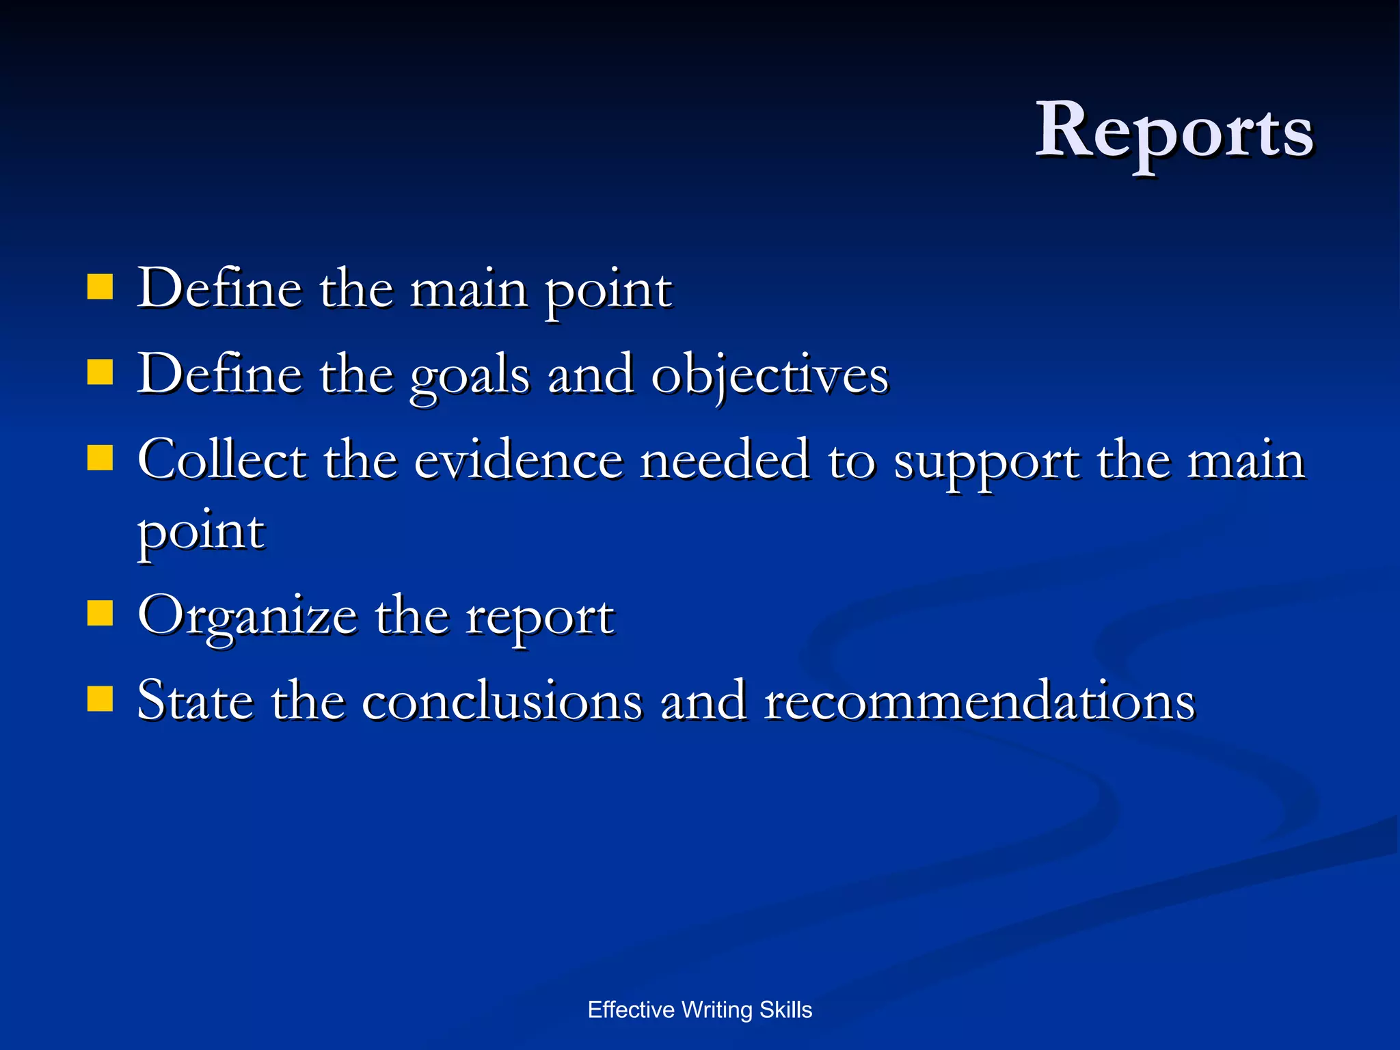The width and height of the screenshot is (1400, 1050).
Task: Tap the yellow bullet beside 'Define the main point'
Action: tap(100, 288)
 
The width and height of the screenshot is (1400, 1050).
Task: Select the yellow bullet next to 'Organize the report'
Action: tap(100, 613)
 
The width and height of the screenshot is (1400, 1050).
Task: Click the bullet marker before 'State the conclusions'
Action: tap(100, 699)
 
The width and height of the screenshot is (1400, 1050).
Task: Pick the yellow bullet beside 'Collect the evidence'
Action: tap(100, 458)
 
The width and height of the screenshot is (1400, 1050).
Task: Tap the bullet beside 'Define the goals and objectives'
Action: tap(100, 373)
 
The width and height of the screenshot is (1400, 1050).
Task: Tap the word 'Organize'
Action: tap(247, 617)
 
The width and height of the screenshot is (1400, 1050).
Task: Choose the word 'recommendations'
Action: tap(979, 701)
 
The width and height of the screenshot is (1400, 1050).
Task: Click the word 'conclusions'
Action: tap(502, 701)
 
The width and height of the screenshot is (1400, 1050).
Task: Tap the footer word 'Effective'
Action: tap(630, 1010)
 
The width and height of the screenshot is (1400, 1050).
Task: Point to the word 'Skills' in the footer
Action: tap(785, 1010)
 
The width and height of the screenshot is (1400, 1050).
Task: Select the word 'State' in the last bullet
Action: tap(195, 701)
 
